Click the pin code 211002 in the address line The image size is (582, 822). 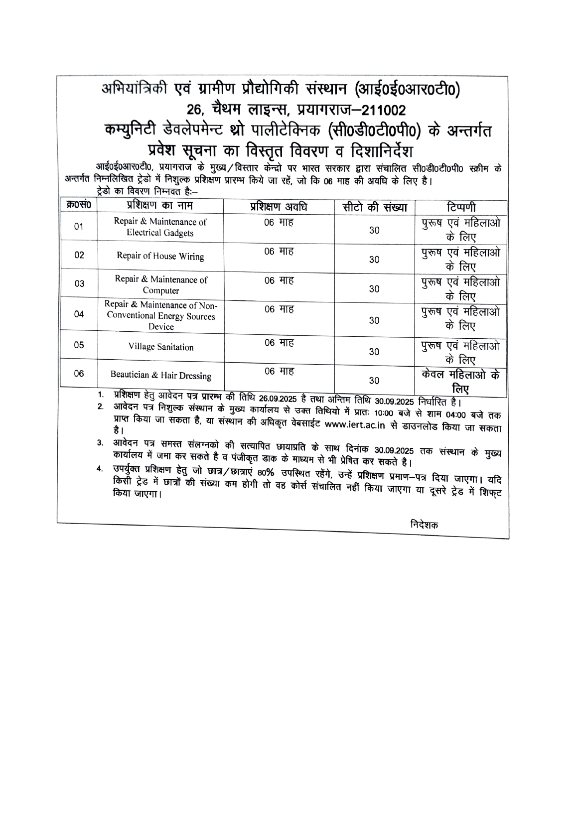coord(377,109)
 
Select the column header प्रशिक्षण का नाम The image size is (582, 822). coord(159,206)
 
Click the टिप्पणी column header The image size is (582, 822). coord(460,207)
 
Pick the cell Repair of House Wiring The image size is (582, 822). coord(160,257)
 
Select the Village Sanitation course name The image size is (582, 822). coord(160,347)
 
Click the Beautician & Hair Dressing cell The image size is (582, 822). coord(160,376)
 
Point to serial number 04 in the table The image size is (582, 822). coord(79,314)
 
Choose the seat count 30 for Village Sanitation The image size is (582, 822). coord(374,352)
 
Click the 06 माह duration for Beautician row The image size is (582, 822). coord(279,372)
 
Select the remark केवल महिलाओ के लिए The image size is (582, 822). coord(460,381)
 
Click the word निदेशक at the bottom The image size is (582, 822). coord(425,525)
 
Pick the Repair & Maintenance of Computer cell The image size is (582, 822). coord(160,285)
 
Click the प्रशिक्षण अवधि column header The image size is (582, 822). coord(279,207)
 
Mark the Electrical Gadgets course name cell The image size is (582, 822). coord(160,227)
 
